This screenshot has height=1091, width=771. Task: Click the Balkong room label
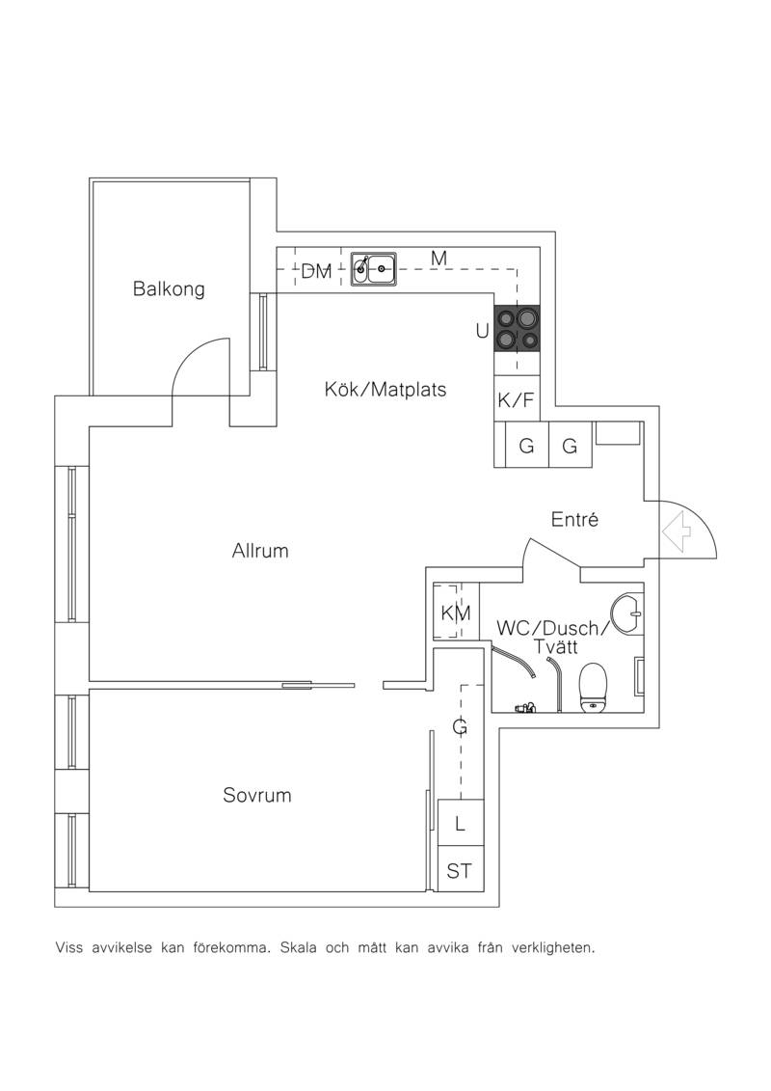[169, 288]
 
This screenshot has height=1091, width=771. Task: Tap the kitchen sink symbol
[373, 268]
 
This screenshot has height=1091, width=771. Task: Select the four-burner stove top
[517, 328]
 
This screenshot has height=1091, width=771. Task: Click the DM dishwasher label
[316, 271]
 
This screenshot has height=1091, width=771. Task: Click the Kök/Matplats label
[385, 389]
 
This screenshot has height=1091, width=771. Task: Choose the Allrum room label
[260, 551]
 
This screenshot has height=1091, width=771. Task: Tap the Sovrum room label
[257, 795]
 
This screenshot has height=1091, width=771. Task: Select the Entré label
[574, 519]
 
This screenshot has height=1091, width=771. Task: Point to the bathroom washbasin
[628, 614]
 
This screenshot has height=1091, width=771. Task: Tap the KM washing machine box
[456, 612]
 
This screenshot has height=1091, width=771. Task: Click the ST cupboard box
[460, 869]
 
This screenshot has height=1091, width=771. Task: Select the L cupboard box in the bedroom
[460, 824]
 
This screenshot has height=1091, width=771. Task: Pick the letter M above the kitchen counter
[439, 259]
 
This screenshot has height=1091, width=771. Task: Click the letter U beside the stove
[482, 332]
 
